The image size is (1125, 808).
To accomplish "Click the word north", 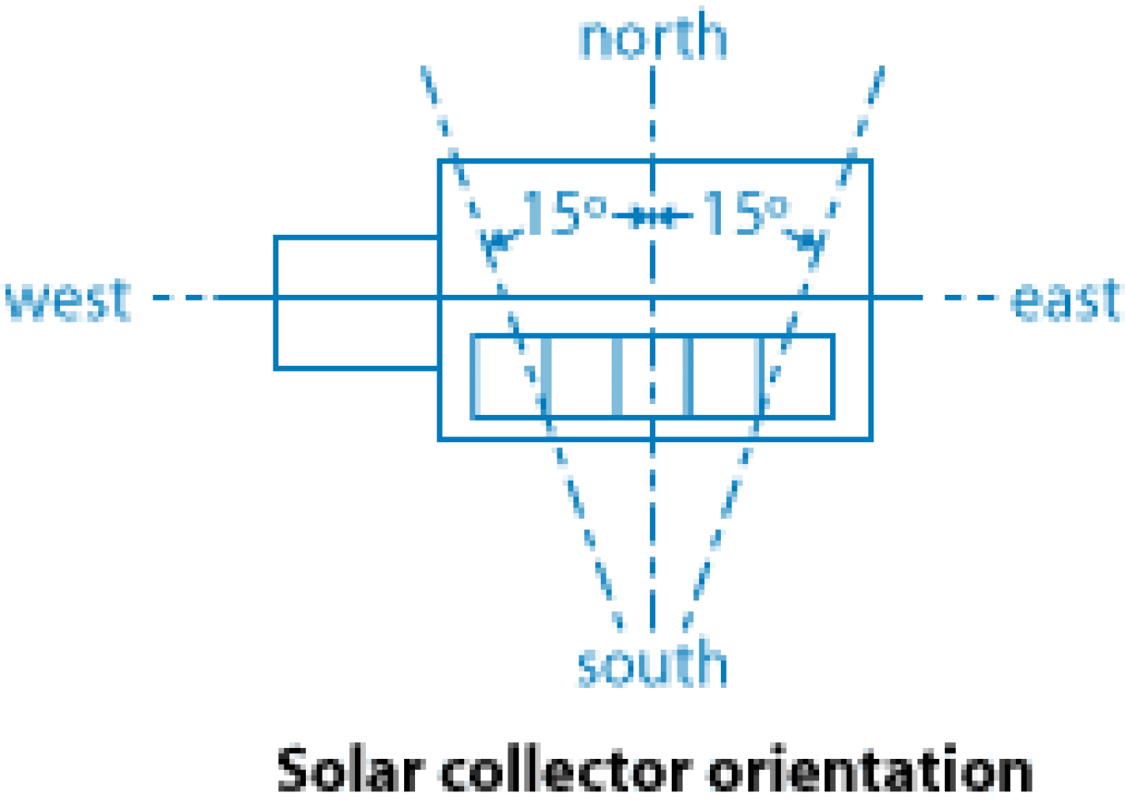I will tap(652, 37).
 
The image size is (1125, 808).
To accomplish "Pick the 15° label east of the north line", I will tap(744, 213).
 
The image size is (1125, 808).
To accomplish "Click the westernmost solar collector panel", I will tap(507, 377).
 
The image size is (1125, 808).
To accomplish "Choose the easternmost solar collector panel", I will tap(798, 377).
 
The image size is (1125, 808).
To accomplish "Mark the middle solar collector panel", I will tap(652, 377).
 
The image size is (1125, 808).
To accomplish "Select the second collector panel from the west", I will tap(581, 377).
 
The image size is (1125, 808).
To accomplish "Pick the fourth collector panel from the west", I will tap(726, 377).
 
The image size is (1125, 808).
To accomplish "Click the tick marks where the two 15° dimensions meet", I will tap(652, 218).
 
